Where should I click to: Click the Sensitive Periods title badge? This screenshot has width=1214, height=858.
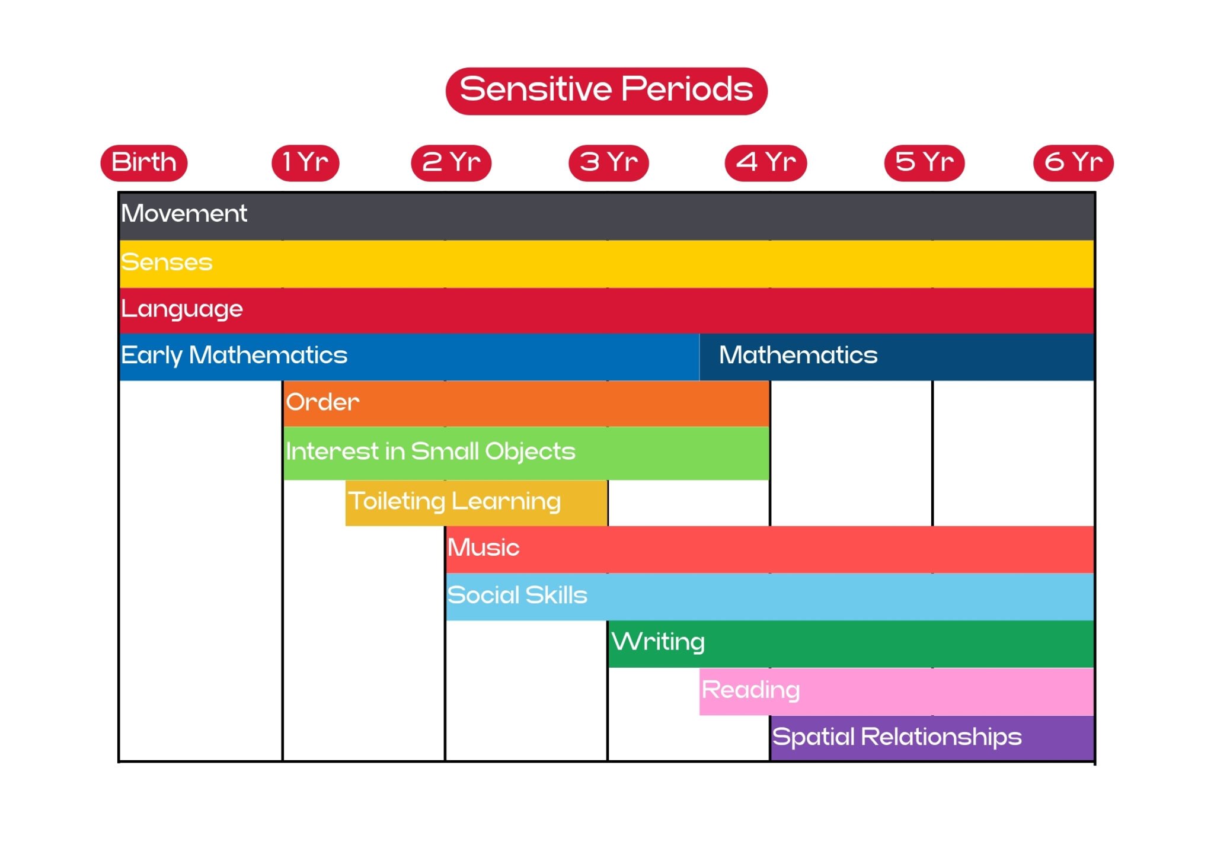606,91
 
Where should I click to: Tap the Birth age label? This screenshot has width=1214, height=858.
144,162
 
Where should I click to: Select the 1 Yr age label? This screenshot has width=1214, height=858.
305,162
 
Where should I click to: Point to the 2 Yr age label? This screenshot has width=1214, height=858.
451,162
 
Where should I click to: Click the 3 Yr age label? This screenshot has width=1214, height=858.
609,162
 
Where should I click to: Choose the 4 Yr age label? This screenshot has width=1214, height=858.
766,162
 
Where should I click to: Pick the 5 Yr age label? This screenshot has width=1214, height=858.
924,162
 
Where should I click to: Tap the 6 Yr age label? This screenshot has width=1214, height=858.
1074,162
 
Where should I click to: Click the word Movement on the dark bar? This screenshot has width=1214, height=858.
184,214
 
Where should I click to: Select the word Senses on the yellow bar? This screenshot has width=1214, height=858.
167,262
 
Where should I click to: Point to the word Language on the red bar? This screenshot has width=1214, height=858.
182,309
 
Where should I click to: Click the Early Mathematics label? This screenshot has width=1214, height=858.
234,356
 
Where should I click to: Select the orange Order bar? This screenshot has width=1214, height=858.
526,403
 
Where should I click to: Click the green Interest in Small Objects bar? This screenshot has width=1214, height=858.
526,453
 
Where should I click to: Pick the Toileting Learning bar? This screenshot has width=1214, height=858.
476,502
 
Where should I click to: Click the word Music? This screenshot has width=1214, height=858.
484,548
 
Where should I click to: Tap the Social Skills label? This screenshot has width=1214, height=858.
517,596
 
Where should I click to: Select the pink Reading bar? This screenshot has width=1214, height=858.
896,691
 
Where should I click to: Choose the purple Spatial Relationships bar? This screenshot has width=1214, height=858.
932,738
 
